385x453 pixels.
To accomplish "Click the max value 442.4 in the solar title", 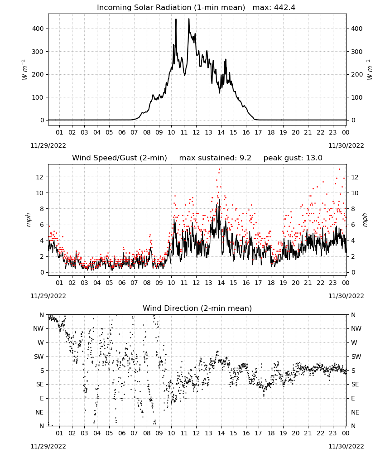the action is coord(284,8).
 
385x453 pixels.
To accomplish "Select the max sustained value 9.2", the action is coord(245,158).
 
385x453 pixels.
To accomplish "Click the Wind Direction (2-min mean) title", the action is coord(197,308).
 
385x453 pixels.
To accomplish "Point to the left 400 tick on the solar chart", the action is coord(38,29).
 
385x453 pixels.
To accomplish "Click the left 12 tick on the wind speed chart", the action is coord(40,177).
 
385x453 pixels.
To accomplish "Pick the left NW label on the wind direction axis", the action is coord(38,329).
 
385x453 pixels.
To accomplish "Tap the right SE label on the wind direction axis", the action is coord(355,385).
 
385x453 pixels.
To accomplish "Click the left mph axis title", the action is coord(28,220).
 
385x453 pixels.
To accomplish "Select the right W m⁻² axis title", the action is coord(370,70).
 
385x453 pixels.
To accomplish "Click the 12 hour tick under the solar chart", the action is coord(196,133).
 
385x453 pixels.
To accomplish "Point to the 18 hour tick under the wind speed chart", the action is coord(271,283).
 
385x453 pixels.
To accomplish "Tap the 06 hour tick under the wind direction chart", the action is coord(122,433).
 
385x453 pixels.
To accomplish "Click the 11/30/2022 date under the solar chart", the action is coord(346,145).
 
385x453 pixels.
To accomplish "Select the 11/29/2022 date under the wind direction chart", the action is coord(48,446).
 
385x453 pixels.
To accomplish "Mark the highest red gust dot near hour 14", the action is coord(220,169).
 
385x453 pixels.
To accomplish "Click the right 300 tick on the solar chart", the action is coord(357,52).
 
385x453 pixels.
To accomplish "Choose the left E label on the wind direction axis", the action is coord(42,398).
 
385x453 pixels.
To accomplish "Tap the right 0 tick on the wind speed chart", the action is coord(353,272).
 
